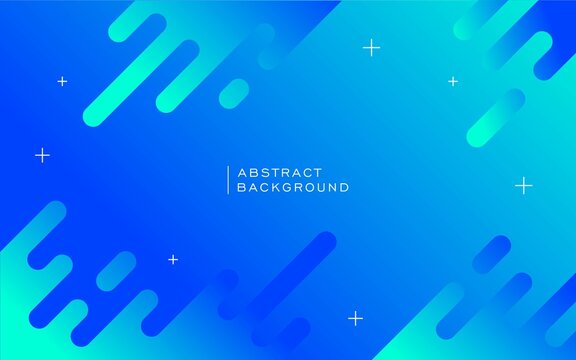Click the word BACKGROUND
pos(293,187)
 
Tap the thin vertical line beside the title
pos(228,180)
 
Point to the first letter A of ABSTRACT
pos(241,172)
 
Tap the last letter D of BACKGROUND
pos(344,187)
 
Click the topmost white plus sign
pos(371,47)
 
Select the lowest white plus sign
pos(355,318)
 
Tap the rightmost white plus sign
pos(524,185)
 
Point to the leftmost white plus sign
pos(42,155)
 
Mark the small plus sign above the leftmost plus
pos(62,81)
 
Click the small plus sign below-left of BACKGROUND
pos(173,259)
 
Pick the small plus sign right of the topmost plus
pos(453,81)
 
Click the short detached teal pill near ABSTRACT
pos(233,93)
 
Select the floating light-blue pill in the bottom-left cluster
pos(116,271)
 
